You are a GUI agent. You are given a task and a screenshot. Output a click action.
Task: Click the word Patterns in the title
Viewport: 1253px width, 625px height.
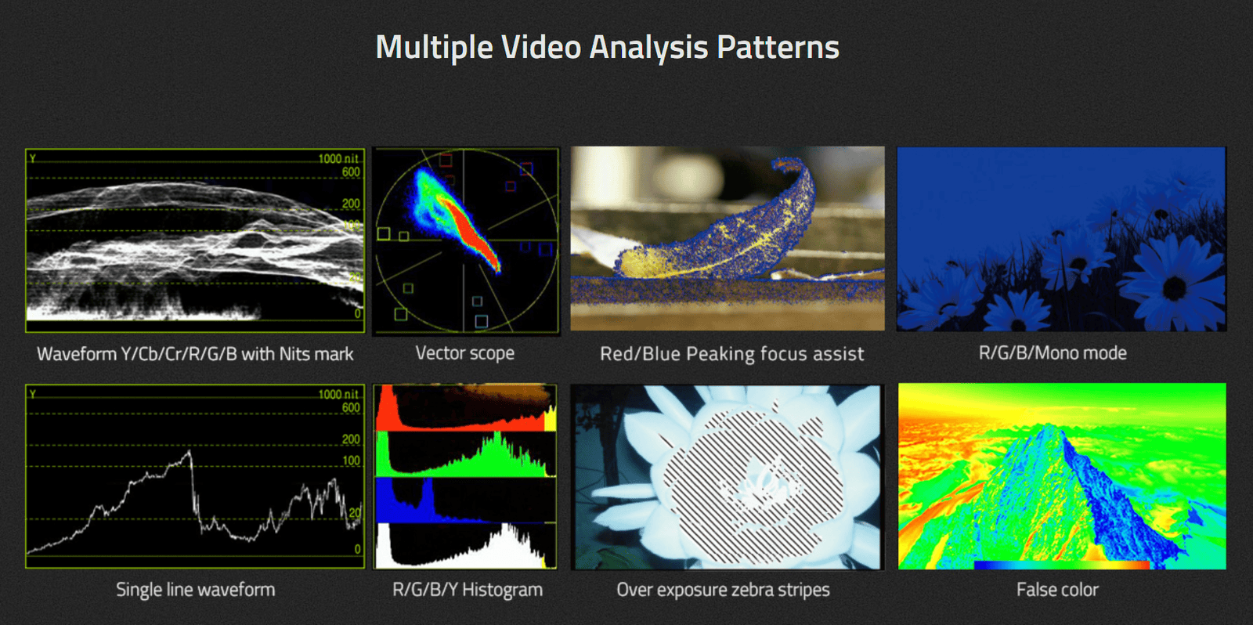(x=778, y=47)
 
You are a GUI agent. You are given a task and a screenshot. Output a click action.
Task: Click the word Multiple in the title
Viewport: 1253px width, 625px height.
(x=434, y=48)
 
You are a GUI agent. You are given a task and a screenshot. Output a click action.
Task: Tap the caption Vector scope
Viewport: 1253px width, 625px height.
(x=465, y=354)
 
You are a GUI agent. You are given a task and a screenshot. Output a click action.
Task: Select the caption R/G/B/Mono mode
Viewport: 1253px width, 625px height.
(x=1053, y=353)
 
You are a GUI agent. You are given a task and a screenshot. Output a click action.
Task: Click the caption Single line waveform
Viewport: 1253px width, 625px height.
(x=196, y=590)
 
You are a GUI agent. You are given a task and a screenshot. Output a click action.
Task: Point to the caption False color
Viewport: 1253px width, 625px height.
(x=1057, y=590)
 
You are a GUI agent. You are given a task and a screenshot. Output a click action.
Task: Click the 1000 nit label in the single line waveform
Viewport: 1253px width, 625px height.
(x=338, y=395)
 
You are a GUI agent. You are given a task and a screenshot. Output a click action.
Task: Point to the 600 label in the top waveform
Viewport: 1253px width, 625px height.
(x=351, y=172)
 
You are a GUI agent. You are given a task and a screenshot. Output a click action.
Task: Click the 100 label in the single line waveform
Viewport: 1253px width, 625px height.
(x=351, y=461)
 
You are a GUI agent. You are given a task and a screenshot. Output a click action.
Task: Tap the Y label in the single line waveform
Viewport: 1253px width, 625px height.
(x=33, y=395)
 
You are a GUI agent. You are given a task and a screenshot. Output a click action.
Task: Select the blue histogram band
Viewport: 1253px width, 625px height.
(x=465, y=500)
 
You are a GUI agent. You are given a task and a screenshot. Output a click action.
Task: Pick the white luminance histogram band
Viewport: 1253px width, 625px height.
(x=465, y=546)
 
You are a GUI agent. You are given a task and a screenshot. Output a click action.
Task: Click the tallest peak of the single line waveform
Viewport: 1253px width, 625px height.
(x=190, y=451)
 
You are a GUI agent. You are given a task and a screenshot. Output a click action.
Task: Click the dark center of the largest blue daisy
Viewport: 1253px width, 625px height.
(x=1174, y=288)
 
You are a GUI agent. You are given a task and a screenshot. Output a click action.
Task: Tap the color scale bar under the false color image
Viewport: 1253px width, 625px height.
(x=1062, y=565)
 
